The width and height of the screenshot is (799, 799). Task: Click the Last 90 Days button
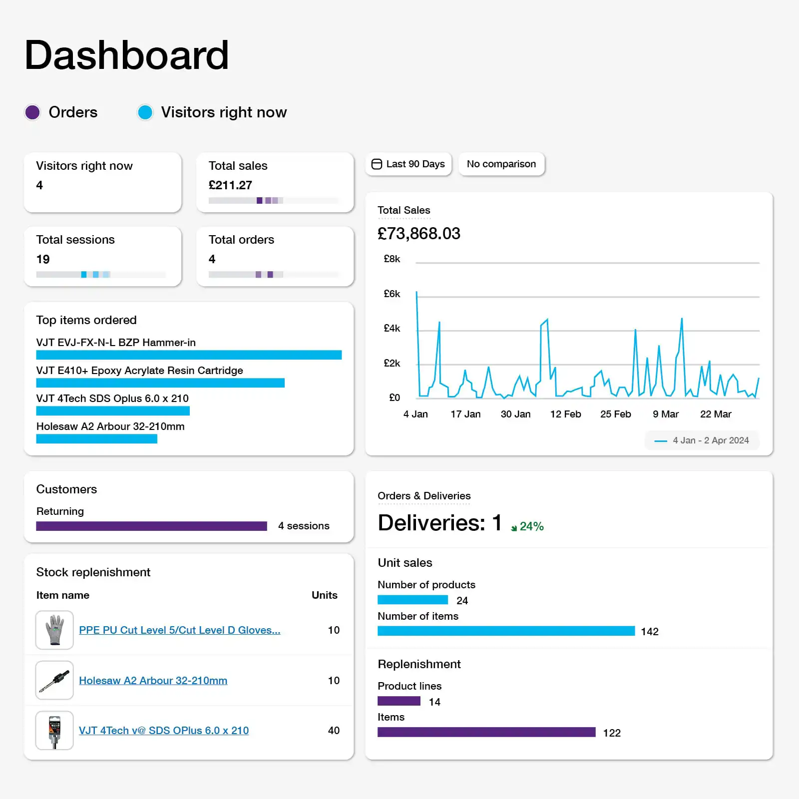coord(408,164)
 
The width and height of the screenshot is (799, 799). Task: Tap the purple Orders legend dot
coord(32,112)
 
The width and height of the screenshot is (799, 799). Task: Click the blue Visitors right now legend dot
coord(145,112)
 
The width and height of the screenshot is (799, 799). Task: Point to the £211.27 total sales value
coord(230,185)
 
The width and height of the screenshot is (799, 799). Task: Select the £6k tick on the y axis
coord(392,294)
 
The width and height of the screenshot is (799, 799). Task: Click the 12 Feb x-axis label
coord(565,414)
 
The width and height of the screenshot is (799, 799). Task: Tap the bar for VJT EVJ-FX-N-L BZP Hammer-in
coord(189,355)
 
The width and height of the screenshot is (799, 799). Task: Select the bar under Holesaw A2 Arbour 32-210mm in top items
coord(96,439)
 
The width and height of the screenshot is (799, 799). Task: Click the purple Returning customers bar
coord(151,526)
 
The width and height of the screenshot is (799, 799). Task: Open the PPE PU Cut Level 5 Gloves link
coord(180,630)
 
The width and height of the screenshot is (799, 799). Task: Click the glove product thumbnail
coord(54,630)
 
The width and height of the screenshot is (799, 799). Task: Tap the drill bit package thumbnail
coord(54,731)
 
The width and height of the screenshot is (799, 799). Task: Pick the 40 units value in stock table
coord(334,731)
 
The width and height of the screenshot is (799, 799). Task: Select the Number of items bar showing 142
coord(506,631)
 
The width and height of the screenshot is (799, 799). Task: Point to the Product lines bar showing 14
coord(399,701)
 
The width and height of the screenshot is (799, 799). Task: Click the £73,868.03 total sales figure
coord(418,234)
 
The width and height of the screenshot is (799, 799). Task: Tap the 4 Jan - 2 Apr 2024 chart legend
coord(702,440)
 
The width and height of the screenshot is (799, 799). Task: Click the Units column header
coord(324,595)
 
